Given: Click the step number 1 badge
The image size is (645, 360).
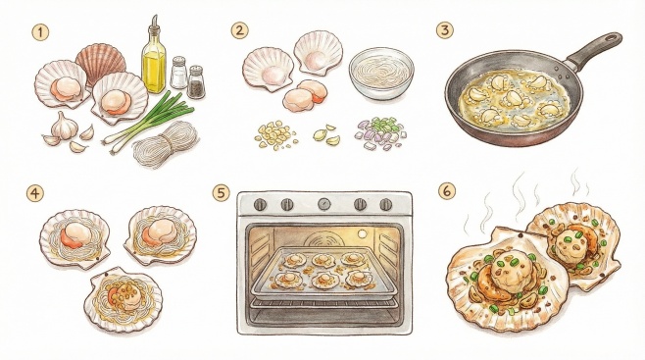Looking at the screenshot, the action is (40, 32).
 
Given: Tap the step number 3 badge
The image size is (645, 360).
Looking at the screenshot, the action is (445, 30).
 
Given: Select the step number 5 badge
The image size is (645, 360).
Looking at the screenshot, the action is (222, 193).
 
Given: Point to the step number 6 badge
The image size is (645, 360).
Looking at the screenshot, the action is (447, 191).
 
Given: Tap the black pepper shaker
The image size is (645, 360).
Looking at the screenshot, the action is (196, 81).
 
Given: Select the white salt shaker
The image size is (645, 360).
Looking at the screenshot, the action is (178, 73).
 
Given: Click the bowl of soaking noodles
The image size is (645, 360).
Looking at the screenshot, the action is (381, 73).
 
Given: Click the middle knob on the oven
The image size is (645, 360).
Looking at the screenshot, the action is (324, 204).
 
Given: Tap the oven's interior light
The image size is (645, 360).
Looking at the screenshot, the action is (362, 233).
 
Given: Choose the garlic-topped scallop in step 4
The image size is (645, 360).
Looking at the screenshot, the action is (123, 299).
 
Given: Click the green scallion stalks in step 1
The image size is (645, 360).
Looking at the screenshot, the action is (149, 120).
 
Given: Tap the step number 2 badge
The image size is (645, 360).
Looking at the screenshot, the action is (239, 30).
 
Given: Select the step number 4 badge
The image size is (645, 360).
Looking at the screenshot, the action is (34, 193).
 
